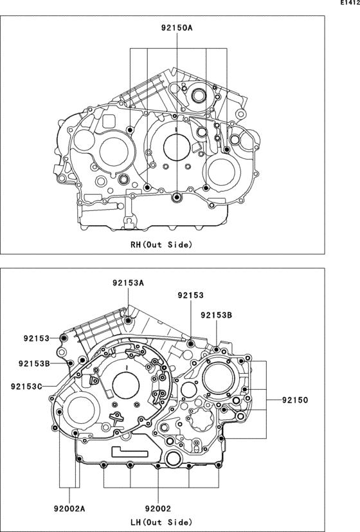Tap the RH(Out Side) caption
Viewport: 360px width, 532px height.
pyautogui.click(x=161, y=244)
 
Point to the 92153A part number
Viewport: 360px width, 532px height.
pyautogui.click(x=128, y=283)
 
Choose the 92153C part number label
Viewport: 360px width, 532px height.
pyautogui.click(x=26, y=386)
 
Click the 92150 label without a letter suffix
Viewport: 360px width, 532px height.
pyautogui.click(x=294, y=400)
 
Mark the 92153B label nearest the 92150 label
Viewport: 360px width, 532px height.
pyautogui.click(x=216, y=315)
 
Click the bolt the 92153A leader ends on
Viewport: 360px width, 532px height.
pyautogui.click(x=129, y=320)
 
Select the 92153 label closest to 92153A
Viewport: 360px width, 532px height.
pyautogui.click(x=190, y=295)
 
